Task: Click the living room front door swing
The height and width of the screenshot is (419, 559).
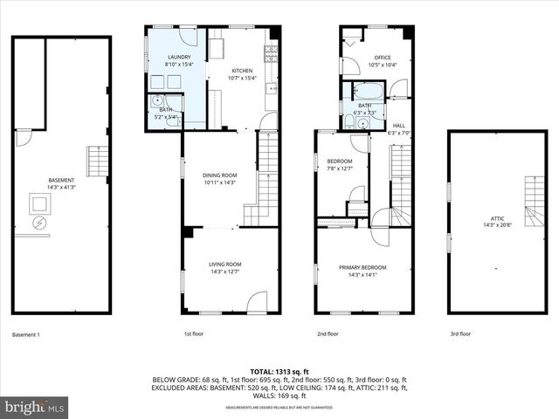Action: (x=257, y=302)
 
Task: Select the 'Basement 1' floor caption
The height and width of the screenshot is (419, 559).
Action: (x=26, y=334)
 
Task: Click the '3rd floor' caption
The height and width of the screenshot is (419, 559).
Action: (x=460, y=334)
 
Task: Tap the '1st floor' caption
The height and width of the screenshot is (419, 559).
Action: (x=193, y=334)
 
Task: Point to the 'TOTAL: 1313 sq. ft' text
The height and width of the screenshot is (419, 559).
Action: (x=279, y=372)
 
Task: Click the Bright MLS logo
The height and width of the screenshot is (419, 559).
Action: (x=35, y=407)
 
